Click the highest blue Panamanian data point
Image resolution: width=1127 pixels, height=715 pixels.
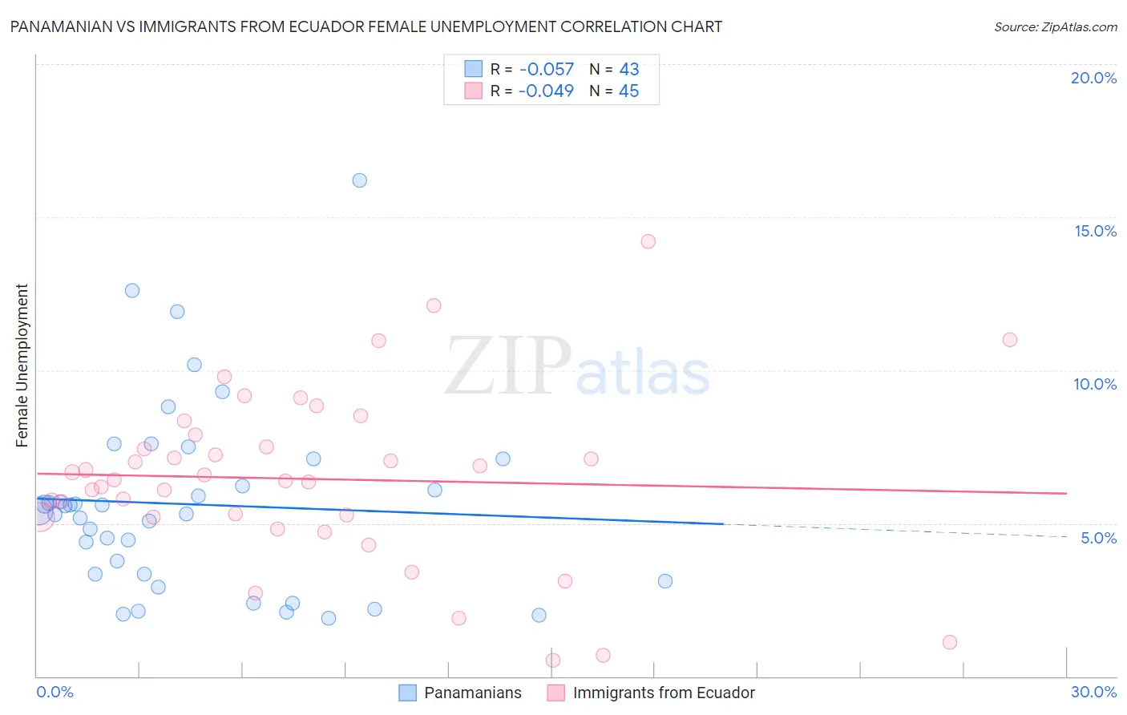point(360,180)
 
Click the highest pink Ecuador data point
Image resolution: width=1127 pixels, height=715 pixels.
point(648,241)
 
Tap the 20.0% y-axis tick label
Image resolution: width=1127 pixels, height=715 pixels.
point(1093,78)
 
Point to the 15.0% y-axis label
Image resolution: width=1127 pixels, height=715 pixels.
point(1095,231)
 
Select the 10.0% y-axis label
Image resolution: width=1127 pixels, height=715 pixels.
point(1095,384)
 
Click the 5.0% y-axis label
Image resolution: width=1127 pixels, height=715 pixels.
point(1098,538)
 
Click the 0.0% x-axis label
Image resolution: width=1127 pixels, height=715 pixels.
point(55,692)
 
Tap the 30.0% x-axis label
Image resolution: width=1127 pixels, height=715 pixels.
point(1093,692)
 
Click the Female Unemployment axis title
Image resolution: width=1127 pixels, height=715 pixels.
point(22,366)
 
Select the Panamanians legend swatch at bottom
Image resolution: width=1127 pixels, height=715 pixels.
point(407,693)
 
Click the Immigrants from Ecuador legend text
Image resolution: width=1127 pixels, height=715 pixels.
point(664,693)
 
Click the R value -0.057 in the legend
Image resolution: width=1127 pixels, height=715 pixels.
point(547,70)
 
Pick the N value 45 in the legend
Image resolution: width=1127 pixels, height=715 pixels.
point(628,91)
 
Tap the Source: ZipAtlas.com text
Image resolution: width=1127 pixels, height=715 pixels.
point(1056,27)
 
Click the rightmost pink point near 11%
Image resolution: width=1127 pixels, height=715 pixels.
point(1010,340)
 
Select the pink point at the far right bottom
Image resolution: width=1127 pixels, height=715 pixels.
point(950,642)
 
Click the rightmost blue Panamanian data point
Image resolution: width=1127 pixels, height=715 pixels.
point(665,581)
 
